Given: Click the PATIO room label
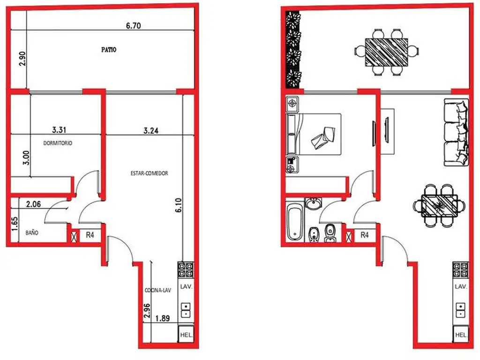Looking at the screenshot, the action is point(109,50).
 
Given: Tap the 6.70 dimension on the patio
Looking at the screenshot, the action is point(134,26).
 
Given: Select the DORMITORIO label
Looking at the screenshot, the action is point(58,143).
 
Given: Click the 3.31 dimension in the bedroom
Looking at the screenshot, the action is point(59,130).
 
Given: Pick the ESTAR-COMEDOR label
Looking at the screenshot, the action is point(150,173).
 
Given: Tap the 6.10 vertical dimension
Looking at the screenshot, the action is point(179,205).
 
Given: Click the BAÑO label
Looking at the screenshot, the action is point(32,232).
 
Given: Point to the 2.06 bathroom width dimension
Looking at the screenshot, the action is point(33,204).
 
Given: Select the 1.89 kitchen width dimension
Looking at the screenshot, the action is point(163,318).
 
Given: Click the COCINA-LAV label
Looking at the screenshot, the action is point(158,290).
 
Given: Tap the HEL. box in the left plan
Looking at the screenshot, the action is point(186,334).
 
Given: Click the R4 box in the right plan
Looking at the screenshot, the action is point(364,235).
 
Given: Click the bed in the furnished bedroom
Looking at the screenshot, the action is point(314,134).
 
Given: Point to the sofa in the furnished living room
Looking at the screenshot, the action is point(456,132).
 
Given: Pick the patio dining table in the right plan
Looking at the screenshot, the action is point(387,52).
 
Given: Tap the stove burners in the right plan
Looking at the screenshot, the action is point(460,270).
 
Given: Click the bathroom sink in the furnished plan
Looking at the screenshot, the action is point(313,203).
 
